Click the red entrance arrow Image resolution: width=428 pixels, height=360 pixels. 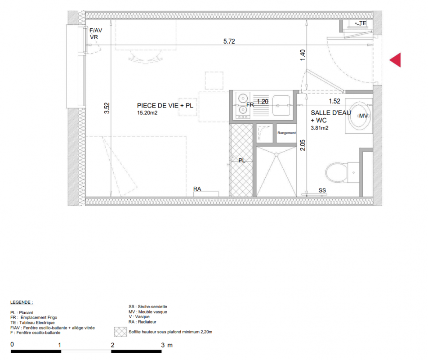click(x=396, y=60)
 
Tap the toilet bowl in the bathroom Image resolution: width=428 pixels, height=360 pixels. click(x=337, y=172)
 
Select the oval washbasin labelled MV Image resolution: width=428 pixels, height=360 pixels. click(x=359, y=116)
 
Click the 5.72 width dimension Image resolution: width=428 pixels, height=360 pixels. click(x=229, y=41)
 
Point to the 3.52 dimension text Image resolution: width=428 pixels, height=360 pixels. click(x=107, y=108)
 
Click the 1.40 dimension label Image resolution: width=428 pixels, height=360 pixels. click(x=303, y=55)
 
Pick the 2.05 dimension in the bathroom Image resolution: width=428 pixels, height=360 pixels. click(x=303, y=145)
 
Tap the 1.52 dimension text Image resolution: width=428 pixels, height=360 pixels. click(x=334, y=101)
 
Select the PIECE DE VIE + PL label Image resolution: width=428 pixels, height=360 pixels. click(x=165, y=105)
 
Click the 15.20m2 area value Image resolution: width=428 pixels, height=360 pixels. click(x=147, y=113)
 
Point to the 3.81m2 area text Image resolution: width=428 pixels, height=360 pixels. click(x=319, y=128)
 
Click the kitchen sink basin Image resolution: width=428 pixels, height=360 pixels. click(x=281, y=105)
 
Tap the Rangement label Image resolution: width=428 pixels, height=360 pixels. click(x=287, y=133)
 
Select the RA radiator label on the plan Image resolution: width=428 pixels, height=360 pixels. click(x=197, y=189)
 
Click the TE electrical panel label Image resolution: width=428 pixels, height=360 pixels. click(x=363, y=23)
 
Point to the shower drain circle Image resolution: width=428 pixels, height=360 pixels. click(x=276, y=155)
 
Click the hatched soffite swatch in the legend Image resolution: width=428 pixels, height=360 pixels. click(x=120, y=332)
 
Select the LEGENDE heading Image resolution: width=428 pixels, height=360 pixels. click(x=21, y=302)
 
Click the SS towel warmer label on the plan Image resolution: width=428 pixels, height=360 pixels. click(x=322, y=190)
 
